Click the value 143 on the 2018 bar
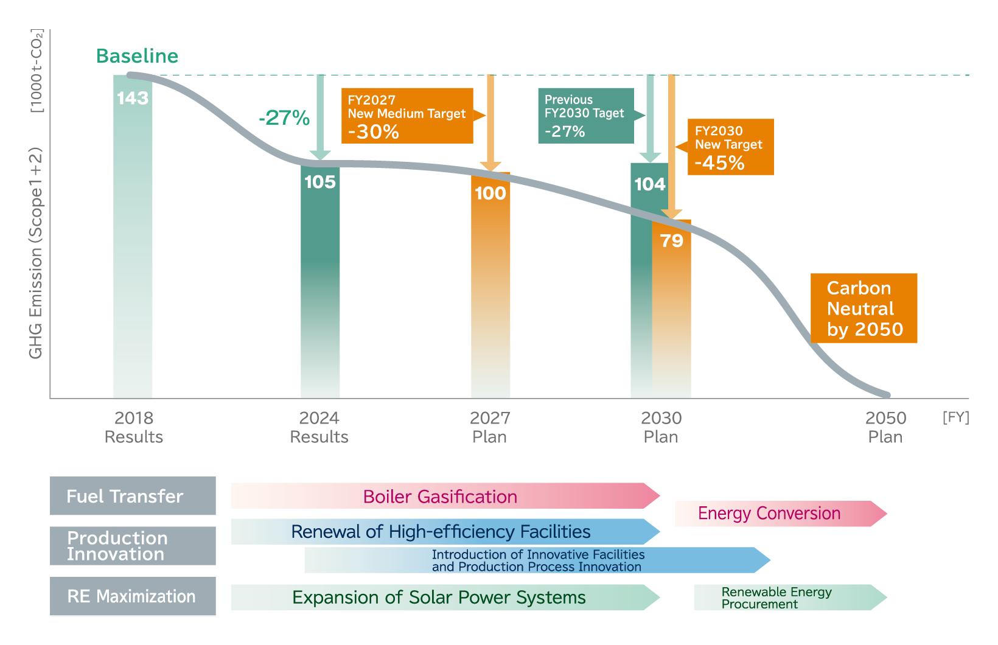133,98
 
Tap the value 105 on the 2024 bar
320,182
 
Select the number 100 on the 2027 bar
490,193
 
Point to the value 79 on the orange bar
672,241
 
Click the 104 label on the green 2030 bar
649,184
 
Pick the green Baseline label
138,56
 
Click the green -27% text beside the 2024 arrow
284,117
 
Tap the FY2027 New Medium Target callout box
407,116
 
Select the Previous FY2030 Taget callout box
585,116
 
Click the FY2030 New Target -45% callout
730,147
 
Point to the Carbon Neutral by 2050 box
864,308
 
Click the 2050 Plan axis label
885,427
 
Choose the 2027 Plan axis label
490,427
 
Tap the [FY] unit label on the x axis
955,417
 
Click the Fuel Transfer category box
133,496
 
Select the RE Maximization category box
133,596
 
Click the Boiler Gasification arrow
440,496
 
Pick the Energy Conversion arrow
770,514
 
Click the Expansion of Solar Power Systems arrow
439,598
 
